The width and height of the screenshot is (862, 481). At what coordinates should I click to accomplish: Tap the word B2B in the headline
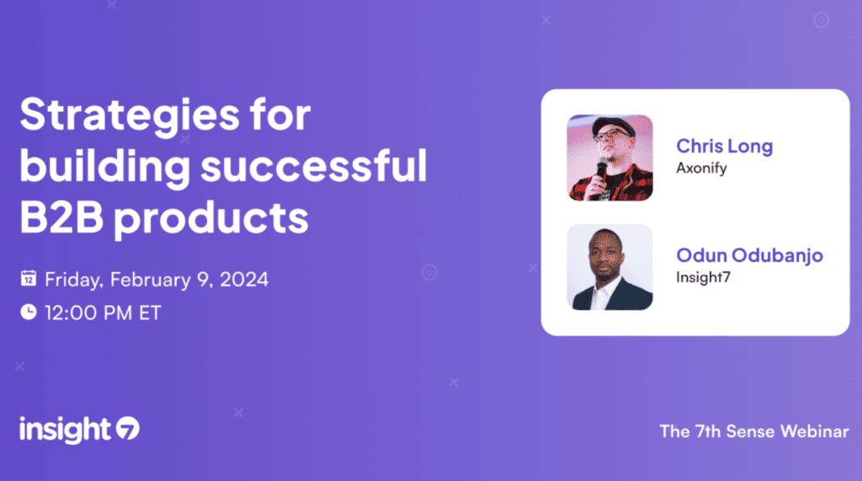[x=61, y=216]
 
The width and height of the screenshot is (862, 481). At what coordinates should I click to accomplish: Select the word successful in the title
[x=313, y=165]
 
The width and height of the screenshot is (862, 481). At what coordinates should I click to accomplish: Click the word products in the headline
[x=211, y=219]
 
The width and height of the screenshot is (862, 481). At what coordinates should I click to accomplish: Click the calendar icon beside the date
[x=29, y=279]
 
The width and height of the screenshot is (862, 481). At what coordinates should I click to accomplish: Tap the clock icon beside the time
[x=29, y=312]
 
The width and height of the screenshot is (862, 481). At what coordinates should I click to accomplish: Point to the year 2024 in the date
[x=244, y=280]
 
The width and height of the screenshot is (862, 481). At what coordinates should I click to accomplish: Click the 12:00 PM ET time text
[x=103, y=313]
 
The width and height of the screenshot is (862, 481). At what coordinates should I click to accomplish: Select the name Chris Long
[x=725, y=147]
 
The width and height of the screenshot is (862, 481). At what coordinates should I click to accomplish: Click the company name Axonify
[x=701, y=168]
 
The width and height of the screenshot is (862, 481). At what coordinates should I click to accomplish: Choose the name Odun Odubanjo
[x=749, y=255]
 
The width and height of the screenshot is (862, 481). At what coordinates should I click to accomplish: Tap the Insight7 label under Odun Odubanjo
[x=703, y=277]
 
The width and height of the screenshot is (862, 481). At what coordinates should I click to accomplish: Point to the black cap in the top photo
[x=614, y=126]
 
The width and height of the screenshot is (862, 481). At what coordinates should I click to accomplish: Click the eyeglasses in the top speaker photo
[x=612, y=134]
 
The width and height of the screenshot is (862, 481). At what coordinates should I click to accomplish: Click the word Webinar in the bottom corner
[x=815, y=431]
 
